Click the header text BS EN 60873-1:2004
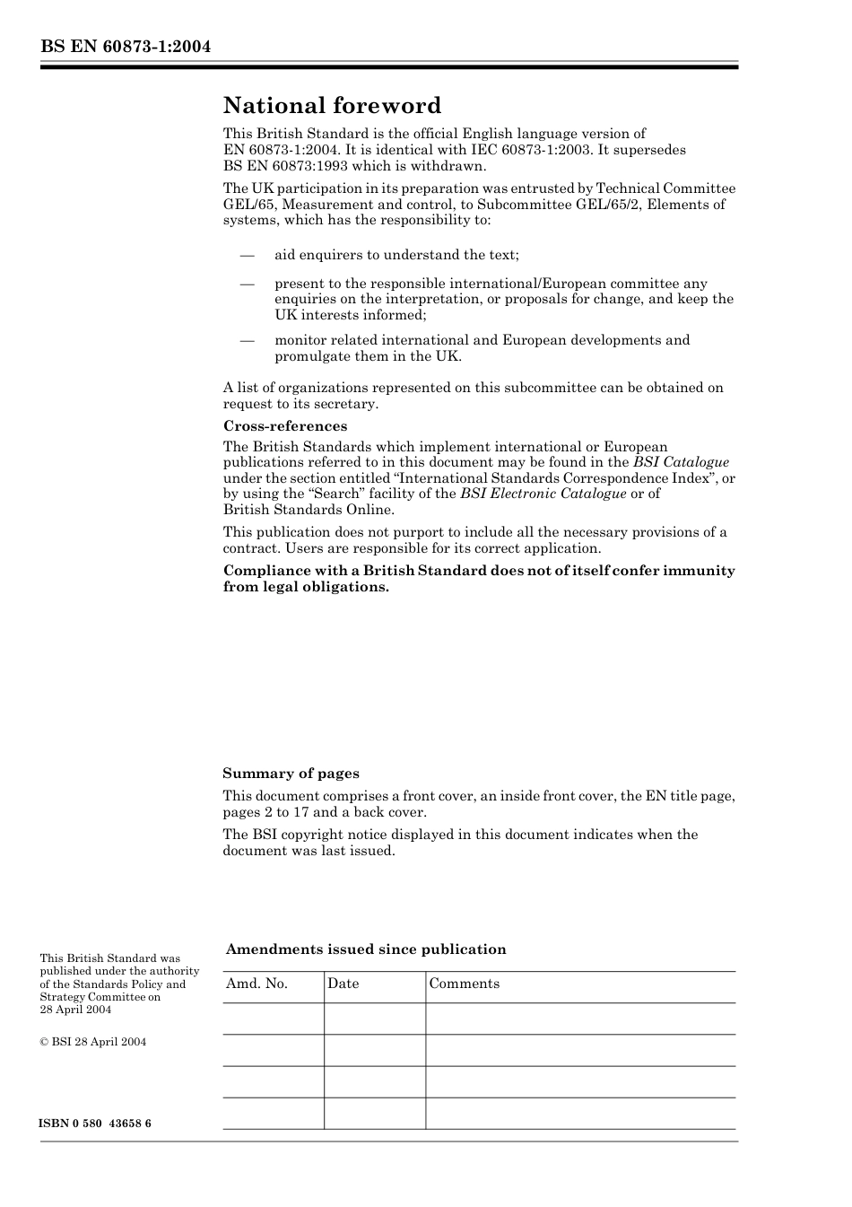(126, 48)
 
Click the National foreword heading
(332, 106)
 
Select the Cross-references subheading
(284, 426)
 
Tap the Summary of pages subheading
(291, 774)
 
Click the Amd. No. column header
(256, 984)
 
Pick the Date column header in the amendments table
(343, 984)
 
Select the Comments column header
(464, 984)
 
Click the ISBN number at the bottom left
(95, 1124)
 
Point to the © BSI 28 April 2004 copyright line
(92, 1042)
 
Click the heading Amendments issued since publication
(365, 949)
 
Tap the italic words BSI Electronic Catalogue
(543, 494)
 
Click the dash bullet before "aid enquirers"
(248, 255)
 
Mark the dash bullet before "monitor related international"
(248, 340)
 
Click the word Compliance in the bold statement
(261, 571)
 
